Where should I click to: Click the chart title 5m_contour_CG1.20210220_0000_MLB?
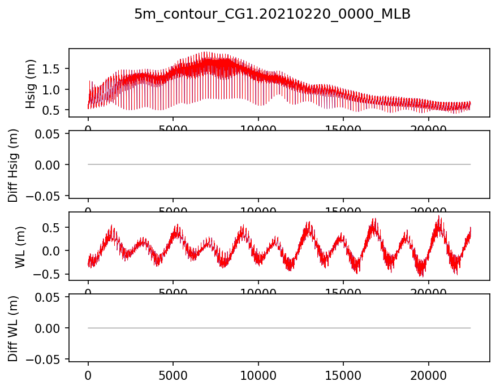point(272,15)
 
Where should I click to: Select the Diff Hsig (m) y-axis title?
point(12,164)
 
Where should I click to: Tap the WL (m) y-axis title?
point(20,246)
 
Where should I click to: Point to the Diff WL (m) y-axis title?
point(12,328)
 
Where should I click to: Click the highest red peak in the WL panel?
point(439,216)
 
